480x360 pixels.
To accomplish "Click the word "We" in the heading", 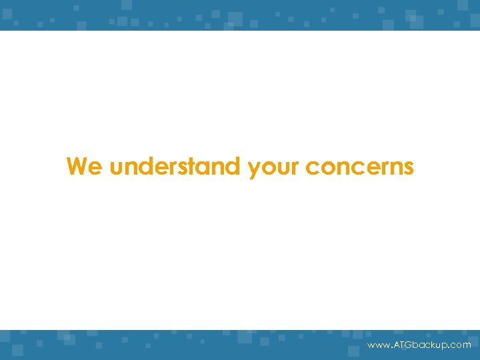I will [x=85, y=166].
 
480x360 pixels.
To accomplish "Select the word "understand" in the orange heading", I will [x=176, y=166].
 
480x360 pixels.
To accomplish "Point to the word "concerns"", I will [x=359, y=167].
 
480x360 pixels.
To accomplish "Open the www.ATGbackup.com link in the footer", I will [x=419, y=345].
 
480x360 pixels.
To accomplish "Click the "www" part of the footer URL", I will [x=377, y=345].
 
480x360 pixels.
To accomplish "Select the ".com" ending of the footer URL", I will [x=460, y=345].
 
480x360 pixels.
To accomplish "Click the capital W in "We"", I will [x=79, y=166].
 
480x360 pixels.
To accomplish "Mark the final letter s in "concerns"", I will [x=408, y=167].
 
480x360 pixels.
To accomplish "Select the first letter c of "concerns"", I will [x=312, y=167].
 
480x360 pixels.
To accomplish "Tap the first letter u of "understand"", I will [x=117, y=167].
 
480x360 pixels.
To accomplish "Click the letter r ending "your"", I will [x=295, y=167].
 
